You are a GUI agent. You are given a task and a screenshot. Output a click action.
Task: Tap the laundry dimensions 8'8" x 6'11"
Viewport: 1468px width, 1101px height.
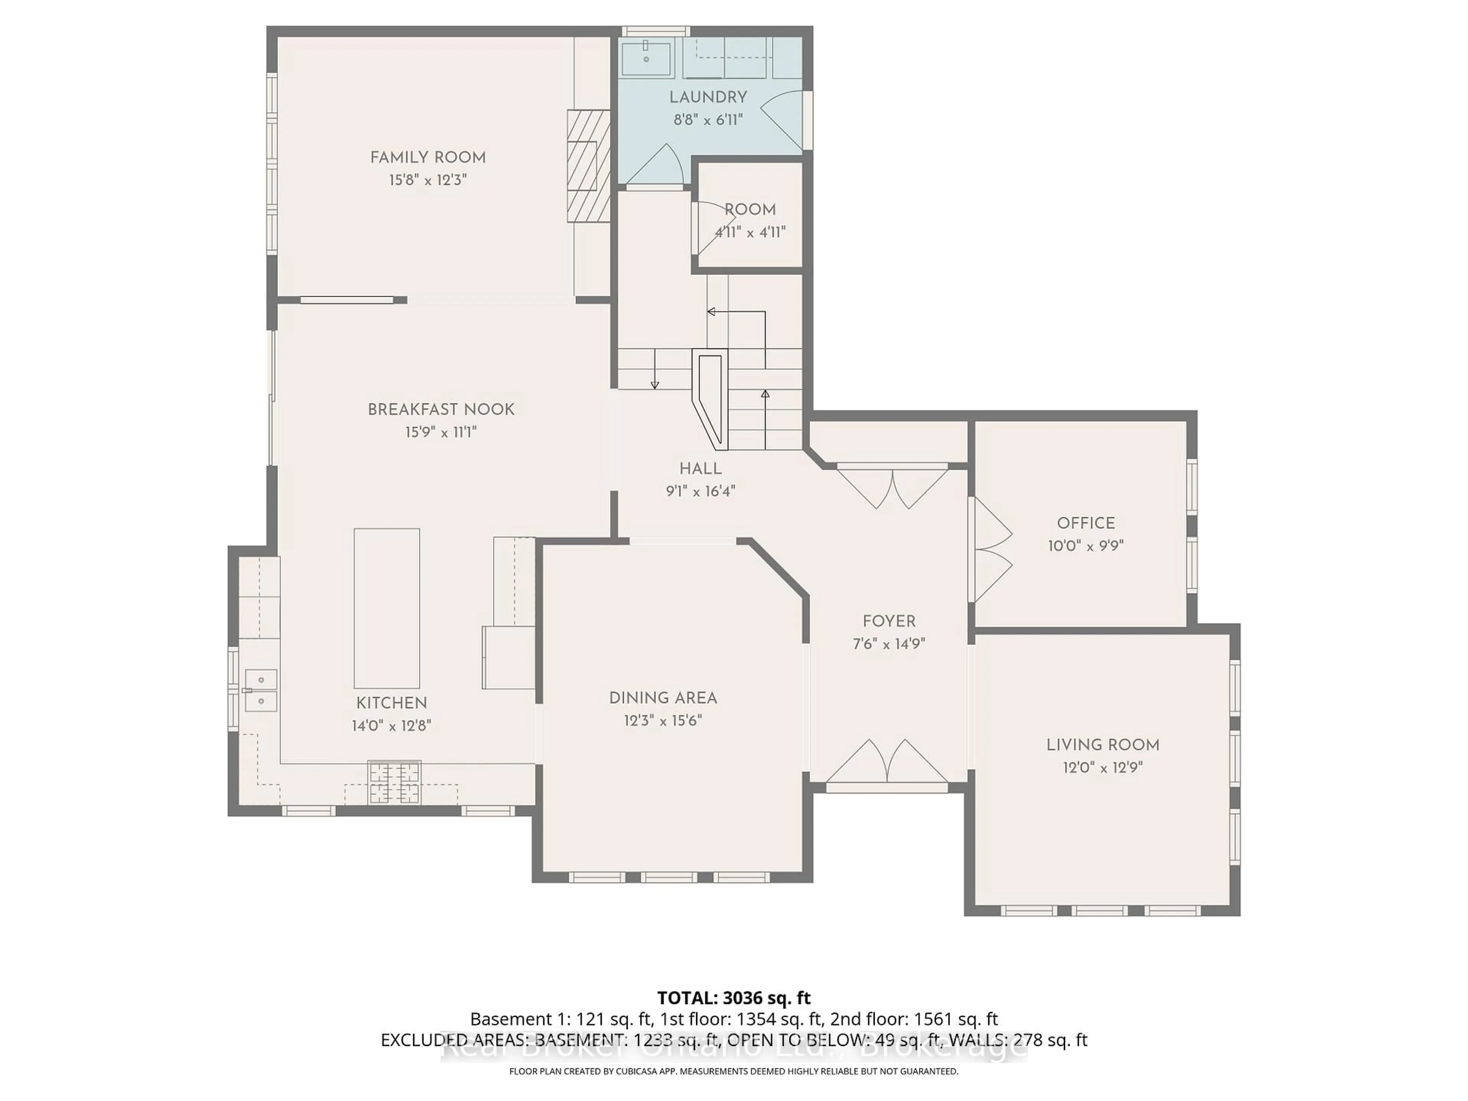pyautogui.click(x=708, y=120)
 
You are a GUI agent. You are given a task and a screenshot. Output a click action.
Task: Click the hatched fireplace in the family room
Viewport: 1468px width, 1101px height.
pyautogui.click(x=588, y=166)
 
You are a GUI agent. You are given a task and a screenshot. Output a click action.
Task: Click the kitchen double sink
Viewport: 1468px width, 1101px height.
pyautogui.click(x=261, y=690)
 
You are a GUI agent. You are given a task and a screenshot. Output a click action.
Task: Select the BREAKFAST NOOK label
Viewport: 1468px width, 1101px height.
pyautogui.click(x=441, y=409)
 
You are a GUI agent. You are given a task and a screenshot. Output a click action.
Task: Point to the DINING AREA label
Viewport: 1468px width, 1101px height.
pyautogui.click(x=663, y=698)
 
